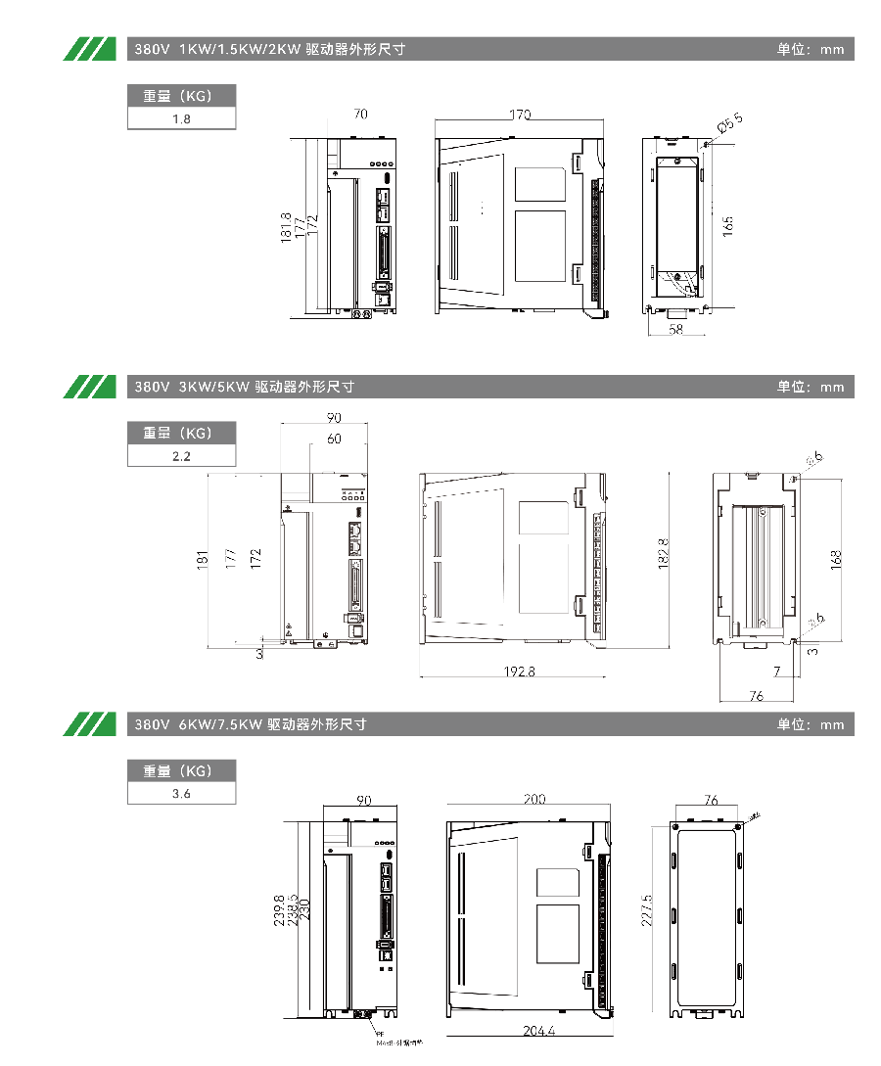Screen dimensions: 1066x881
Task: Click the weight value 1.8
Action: (181, 119)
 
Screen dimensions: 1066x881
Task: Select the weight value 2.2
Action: (181, 456)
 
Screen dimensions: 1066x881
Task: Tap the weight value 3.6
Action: (181, 794)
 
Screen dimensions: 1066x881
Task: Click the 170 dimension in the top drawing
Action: (520, 115)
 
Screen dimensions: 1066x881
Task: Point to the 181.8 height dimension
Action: (286, 228)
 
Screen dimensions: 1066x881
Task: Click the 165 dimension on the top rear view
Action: (728, 226)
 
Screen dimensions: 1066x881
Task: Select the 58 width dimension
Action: (675, 331)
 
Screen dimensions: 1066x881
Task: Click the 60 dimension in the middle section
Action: (334, 439)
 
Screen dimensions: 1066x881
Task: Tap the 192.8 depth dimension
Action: (519, 672)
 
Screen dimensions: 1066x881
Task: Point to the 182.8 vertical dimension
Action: (663, 554)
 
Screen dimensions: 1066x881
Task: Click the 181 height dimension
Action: (204, 560)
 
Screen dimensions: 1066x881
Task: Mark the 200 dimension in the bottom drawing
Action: (533, 800)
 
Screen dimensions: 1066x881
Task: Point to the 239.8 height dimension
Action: (280, 910)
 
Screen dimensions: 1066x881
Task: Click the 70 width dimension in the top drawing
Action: (361, 115)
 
